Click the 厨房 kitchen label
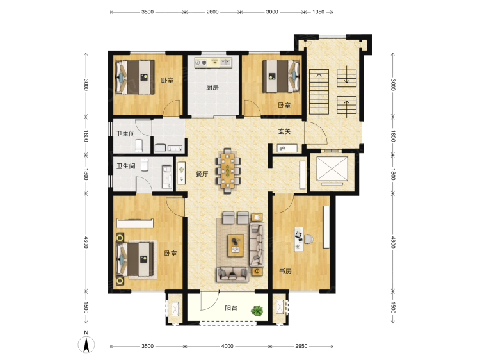[212, 88]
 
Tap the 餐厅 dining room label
[202, 174]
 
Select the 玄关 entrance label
[284, 131]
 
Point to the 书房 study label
[285, 271]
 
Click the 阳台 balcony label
[231, 307]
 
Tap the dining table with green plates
[228, 170]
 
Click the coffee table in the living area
[236, 245]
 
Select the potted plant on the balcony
[257, 311]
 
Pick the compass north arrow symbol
[86, 344]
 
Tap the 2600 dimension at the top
[212, 12]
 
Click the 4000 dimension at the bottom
[227, 346]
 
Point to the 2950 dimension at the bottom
[301, 346]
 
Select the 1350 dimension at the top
[318, 12]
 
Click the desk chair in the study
[308, 239]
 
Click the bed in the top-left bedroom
[134, 78]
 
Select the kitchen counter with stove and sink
[213, 63]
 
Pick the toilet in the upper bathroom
[139, 146]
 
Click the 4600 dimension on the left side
[86, 242]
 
